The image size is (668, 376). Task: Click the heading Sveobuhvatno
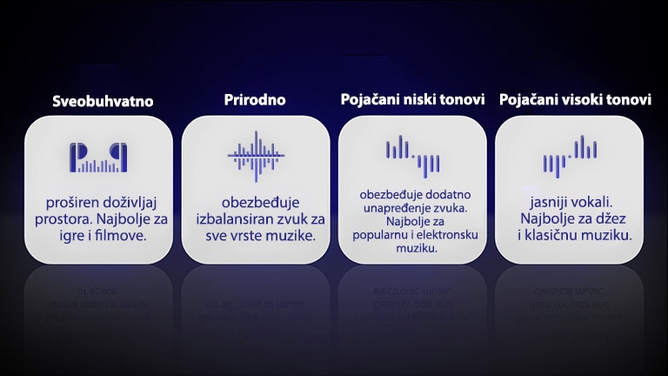(103, 101)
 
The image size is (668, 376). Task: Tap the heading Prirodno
(255, 99)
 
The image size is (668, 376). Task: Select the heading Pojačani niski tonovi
(412, 99)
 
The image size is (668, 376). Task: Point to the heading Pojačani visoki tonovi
(575, 100)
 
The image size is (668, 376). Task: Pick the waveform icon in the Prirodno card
(256, 156)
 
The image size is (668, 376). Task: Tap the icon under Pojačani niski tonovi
(412, 153)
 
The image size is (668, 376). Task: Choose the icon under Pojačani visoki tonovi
(570, 154)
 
